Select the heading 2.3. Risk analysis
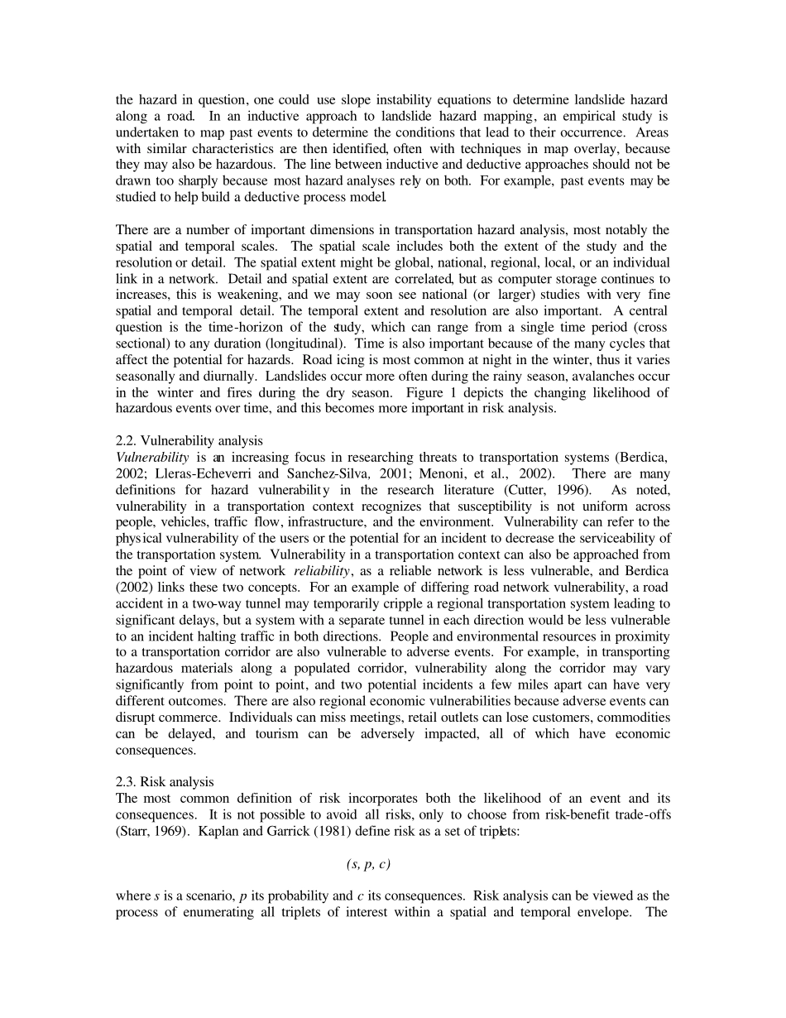click(165, 781)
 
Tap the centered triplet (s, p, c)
click(368, 864)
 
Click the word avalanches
click(616, 376)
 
